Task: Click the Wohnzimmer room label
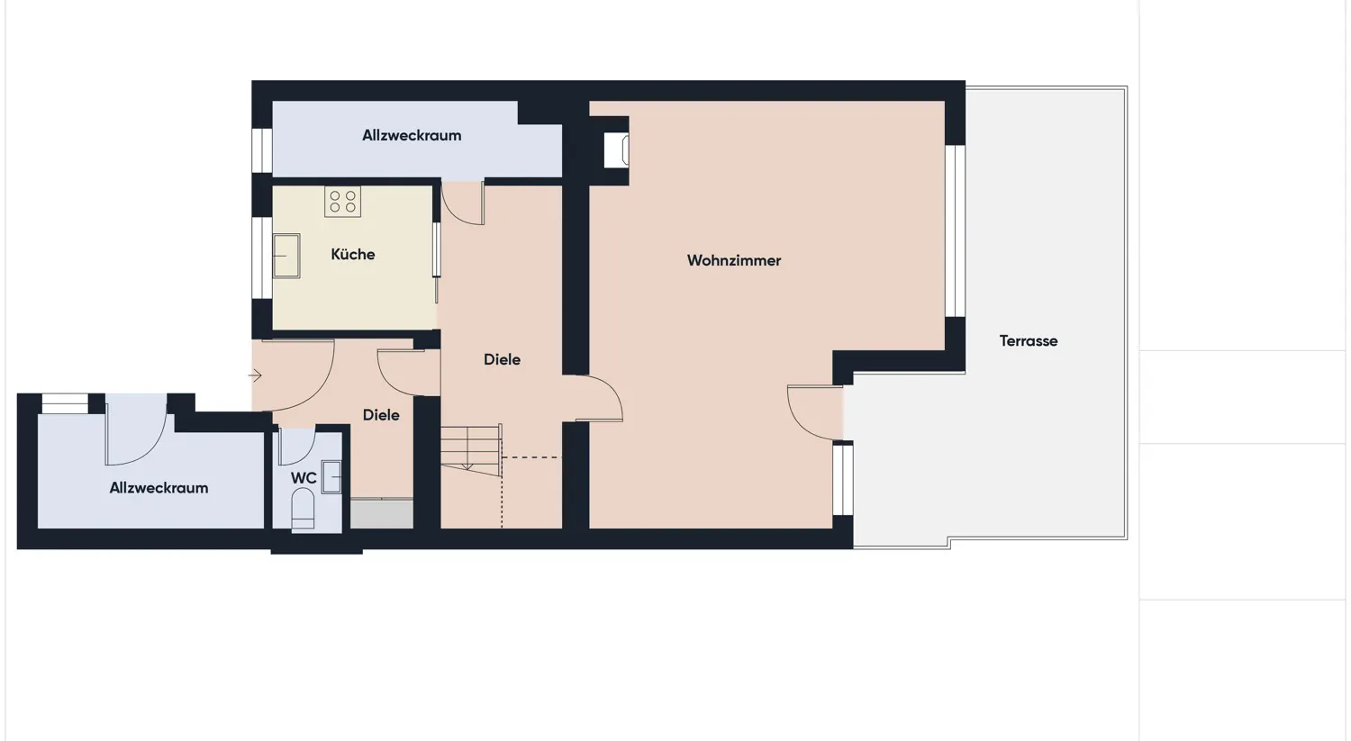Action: (x=733, y=260)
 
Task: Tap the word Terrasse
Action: (x=1028, y=340)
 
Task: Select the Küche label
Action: (x=352, y=254)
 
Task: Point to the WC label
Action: (x=303, y=478)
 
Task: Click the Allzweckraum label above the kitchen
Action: (x=412, y=135)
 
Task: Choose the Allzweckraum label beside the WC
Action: (x=159, y=487)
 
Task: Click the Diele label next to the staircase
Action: (x=502, y=359)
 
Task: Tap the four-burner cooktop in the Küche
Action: (x=342, y=202)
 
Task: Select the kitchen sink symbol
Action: (x=286, y=256)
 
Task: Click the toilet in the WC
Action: (x=303, y=509)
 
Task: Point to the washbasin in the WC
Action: (x=331, y=476)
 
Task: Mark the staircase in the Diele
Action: (x=470, y=447)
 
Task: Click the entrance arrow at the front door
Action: (x=256, y=375)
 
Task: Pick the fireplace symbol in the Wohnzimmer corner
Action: (x=618, y=149)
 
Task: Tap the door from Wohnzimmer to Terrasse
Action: (x=813, y=413)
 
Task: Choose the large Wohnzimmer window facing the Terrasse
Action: (x=955, y=230)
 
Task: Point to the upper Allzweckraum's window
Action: (x=262, y=149)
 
